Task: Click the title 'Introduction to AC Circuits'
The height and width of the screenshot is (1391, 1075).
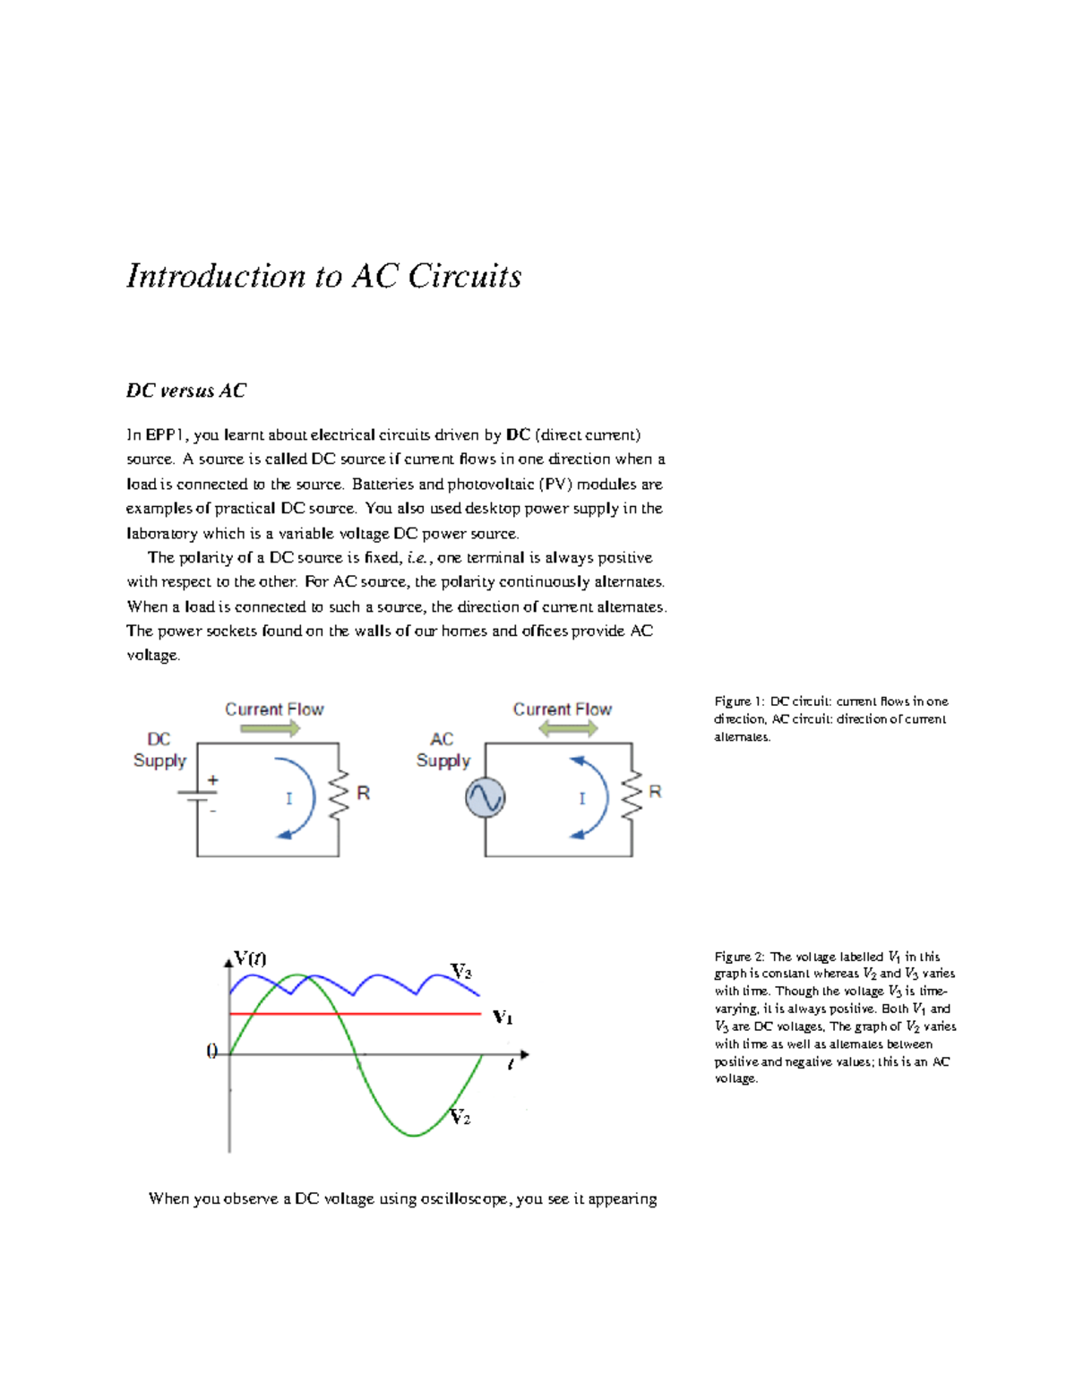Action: pos(323,276)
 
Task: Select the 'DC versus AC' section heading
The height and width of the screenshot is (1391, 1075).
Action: pos(185,391)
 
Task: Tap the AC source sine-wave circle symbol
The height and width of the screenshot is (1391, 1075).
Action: pos(485,797)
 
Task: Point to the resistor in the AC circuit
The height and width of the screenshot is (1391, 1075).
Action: pos(632,794)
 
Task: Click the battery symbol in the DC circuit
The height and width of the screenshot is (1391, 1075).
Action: pos(196,795)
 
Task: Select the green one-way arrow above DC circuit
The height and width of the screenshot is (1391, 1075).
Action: pos(271,729)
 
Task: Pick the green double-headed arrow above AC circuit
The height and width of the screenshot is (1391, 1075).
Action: pos(568,729)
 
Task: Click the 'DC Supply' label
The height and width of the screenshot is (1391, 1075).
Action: pos(159,750)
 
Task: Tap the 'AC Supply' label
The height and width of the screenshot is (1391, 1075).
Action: pos(443,750)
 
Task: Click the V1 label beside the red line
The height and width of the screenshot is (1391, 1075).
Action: pos(503,1017)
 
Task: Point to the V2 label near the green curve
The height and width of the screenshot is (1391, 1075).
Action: pos(460,1117)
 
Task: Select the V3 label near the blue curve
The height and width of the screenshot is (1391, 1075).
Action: pos(460,972)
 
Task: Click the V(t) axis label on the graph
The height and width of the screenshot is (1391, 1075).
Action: pos(250,957)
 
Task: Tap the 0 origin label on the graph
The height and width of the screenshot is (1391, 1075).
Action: pos(212,1052)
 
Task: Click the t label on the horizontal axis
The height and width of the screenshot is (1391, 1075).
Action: pos(511,1065)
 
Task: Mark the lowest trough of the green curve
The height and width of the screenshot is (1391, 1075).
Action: pos(414,1136)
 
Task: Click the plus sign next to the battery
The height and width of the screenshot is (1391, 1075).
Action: pos(213,780)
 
